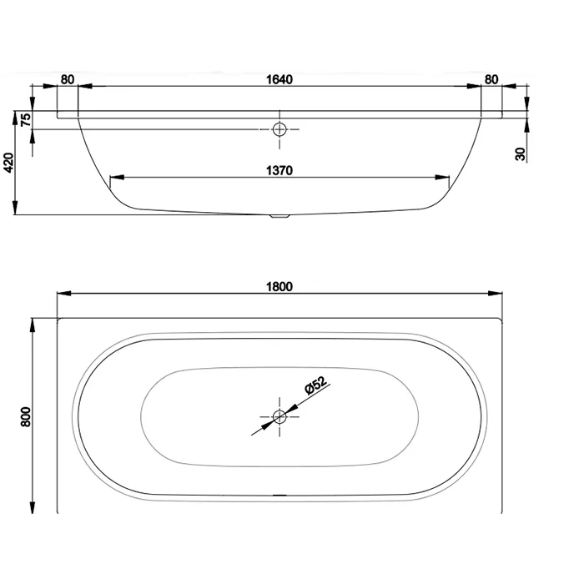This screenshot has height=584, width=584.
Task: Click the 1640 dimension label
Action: coord(279,80)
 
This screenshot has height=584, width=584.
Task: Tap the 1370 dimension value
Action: coord(279,170)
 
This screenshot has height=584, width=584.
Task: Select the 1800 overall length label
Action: coord(279,287)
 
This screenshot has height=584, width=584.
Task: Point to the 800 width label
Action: coord(26,417)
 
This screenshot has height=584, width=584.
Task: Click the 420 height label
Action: coord(8,163)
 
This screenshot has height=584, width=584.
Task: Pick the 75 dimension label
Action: coord(26,119)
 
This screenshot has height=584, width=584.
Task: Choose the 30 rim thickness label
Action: coord(521,154)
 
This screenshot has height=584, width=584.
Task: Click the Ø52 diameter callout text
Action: coord(315,385)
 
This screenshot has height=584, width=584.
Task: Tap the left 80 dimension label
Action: coord(68,80)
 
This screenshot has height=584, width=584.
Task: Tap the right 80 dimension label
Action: coord(491,80)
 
